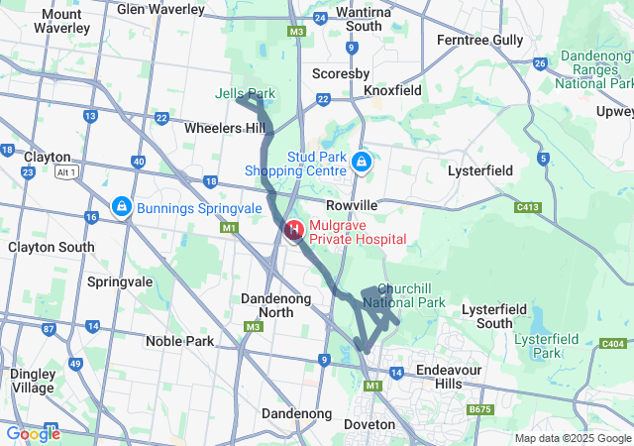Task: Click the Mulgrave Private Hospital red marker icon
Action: (294, 232)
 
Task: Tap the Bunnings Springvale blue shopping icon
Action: (121, 207)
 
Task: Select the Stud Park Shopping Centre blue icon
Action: (363, 161)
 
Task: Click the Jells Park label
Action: (245, 94)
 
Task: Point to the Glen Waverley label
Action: (160, 9)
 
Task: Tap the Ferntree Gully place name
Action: (479, 40)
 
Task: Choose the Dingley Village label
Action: (33, 381)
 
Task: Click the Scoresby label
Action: (341, 73)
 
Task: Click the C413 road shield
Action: (527, 207)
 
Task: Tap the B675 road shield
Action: (480, 408)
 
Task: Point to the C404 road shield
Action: (614, 344)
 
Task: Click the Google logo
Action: (33, 434)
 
